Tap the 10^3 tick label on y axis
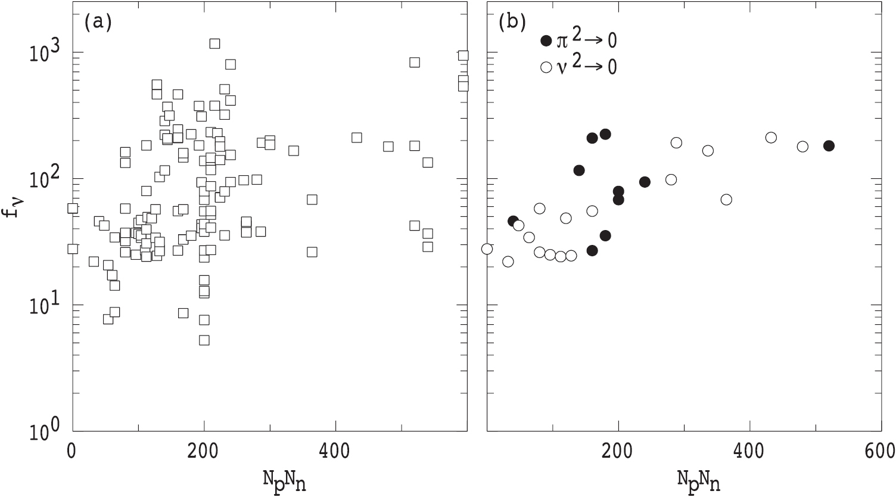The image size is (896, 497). pyautogui.click(x=44, y=52)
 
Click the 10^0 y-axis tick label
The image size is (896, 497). pyautogui.click(x=44, y=430)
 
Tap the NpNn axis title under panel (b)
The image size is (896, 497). pyautogui.click(x=699, y=480)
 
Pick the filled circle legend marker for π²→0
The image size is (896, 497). pyautogui.click(x=546, y=41)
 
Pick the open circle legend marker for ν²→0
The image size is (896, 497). pyautogui.click(x=546, y=67)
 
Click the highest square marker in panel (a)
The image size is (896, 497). pyautogui.click(x=214, y=44)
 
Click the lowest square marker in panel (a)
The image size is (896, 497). pyautogui.click(x=204, y=340)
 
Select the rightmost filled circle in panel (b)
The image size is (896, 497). pyautogui.click(x=829, y=146)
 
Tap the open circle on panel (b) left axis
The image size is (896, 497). pyautogui.click(x=487, y=248)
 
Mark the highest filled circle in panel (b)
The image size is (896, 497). pyautogui.click(x=605, y=134)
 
